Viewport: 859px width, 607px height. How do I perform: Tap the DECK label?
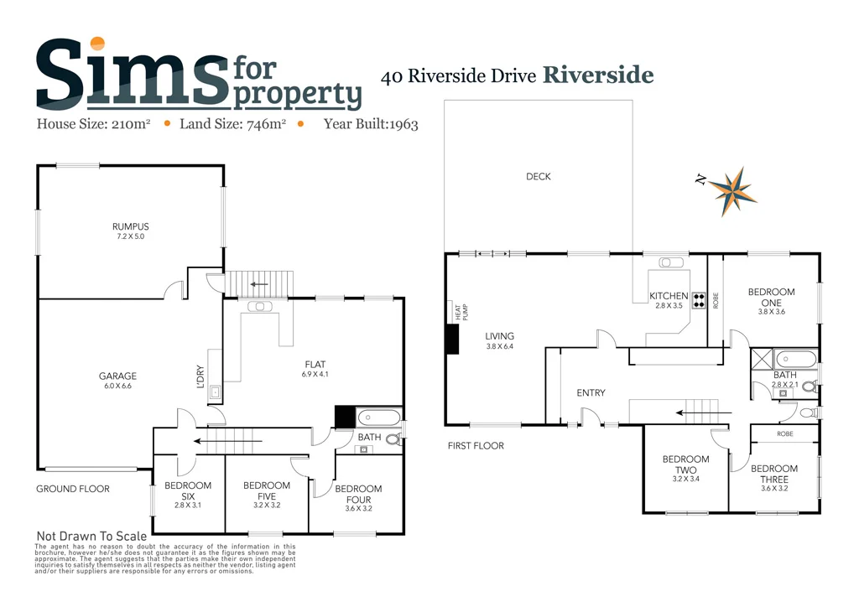[x=539, y=177]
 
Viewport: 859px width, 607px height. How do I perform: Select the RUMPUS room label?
[x=131, y=226]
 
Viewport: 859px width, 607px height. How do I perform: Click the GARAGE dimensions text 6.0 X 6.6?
[x=117, y=387]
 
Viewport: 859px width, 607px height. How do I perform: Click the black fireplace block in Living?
[x=453, y=340]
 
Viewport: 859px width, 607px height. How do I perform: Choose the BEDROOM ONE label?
[x=771, y=298]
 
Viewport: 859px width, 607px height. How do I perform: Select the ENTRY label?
[x=591, y=393]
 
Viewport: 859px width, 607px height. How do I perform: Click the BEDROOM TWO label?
[x=685, y=464]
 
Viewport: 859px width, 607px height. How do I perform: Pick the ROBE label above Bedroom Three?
[x=785, y=434]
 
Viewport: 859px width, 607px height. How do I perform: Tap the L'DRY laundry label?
[x=200, y=375]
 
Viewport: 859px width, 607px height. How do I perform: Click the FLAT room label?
[x=315, y=364]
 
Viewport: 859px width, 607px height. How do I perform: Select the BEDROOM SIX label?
[x=188, y=490]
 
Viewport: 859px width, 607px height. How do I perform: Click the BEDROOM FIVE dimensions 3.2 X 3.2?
[x=266, y=506]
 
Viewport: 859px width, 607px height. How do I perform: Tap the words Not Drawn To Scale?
[x=91, y=536]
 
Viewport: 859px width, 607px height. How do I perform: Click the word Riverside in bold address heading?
[x=598, y=75]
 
